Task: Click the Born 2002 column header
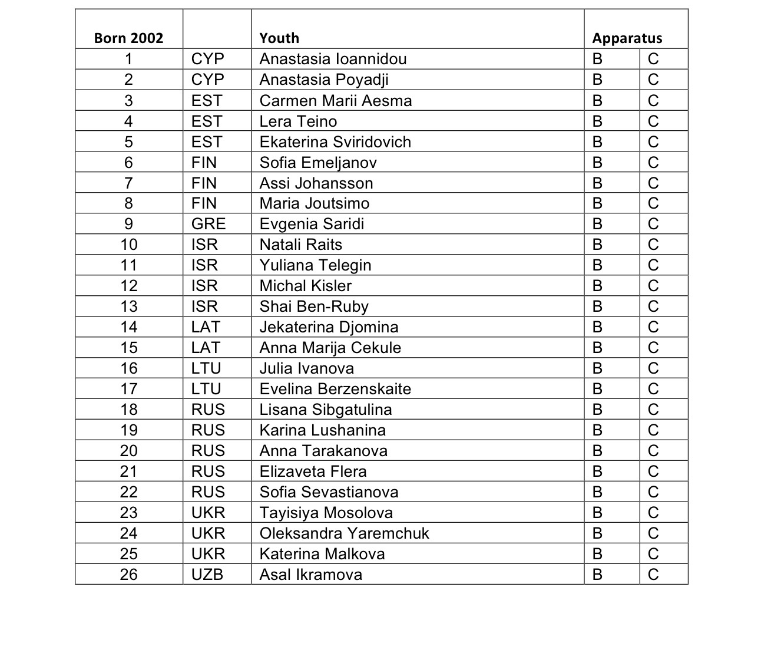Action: (128, 38)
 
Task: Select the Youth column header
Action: (279, 38)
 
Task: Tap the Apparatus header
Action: (627, 38)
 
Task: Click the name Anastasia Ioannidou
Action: (333, 59)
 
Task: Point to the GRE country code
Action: (209, 224)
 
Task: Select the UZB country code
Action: (207, 574)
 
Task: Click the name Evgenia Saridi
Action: (312, 224)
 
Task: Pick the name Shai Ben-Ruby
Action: (314, 306)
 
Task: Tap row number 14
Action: (128, 327)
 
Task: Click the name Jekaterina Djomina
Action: (329, 327)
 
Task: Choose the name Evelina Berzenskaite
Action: (335, 389)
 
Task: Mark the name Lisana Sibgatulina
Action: (325, 410)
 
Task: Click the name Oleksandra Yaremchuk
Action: (344, 533)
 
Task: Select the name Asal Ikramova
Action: (310, 574)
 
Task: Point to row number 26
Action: (128, 574)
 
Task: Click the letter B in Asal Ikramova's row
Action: (597, 574)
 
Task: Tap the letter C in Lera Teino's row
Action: (653, 121)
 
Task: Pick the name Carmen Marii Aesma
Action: (335, 101)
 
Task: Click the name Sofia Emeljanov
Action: (318, 163)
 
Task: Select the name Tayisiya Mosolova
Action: (326, 513)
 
